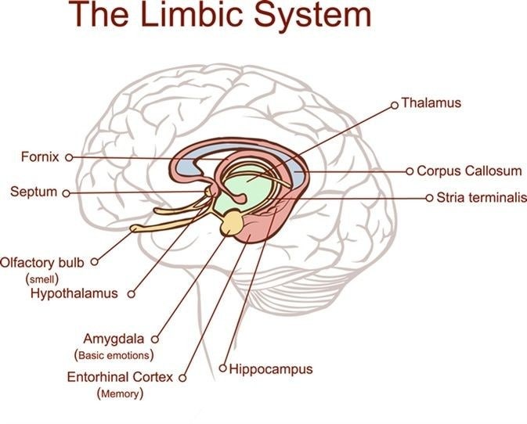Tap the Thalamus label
point(431,102)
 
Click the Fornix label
point(40,156)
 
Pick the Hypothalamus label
point(74,293)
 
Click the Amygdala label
point(116,339)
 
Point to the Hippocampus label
point(271,368)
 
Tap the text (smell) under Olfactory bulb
point(44,278)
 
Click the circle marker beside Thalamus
point(395,102)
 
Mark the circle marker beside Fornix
point(69,157)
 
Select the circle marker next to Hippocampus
point(223,368)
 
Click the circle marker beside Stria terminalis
point(429,198)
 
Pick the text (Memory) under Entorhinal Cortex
point(120,393)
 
